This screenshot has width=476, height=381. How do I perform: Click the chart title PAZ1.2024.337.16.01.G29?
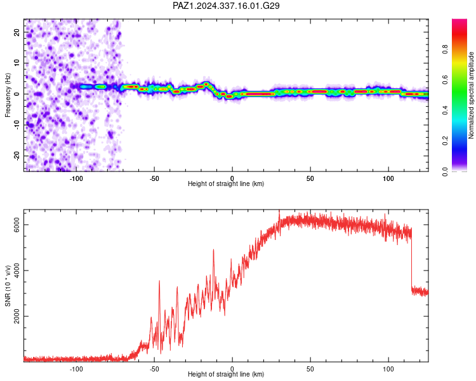(226, 6)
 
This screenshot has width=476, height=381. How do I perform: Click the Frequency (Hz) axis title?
(8, 95)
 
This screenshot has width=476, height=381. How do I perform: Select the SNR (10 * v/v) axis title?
(8, 286)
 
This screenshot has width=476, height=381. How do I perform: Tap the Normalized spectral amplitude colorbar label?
(471, 95)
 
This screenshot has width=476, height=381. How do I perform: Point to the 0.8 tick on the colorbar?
(445, 50)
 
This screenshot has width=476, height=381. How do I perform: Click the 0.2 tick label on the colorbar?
(445, 141)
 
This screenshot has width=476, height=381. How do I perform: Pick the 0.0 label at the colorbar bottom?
(445, 171)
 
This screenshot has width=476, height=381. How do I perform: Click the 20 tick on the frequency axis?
(17, 32)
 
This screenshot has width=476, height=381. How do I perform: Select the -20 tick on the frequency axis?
(17, 156)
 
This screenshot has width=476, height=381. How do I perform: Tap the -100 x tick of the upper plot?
(76, 178)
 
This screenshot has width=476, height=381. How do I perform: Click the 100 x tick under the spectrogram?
(388, 178)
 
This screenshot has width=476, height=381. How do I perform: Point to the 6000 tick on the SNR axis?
(17, 225)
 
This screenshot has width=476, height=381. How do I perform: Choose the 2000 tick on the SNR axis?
(17, 316)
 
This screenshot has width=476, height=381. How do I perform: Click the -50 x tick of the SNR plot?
(154, 369)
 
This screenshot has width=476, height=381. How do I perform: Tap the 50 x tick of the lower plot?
(310, 369)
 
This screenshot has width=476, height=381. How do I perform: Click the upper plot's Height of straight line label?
(226, 184)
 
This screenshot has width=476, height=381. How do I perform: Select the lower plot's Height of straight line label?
(226, 374)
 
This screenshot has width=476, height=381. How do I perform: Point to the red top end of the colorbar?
(459, 21)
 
